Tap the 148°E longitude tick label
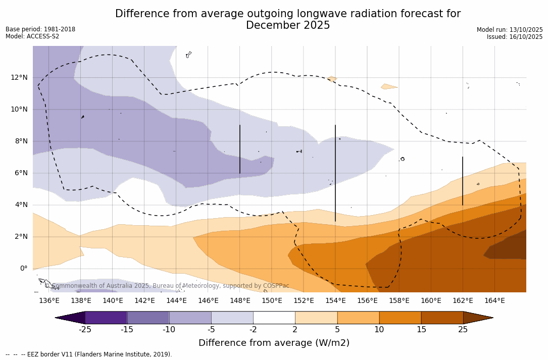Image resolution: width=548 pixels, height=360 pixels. click(240, 301)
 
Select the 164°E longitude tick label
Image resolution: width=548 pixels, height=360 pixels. click(494, 301)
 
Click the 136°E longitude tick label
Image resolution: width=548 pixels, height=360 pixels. click(49, 301)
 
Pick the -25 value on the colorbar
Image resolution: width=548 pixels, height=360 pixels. click(85, 330)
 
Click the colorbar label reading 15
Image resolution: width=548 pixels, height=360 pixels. click(421, 330)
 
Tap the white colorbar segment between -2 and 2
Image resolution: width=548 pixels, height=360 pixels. click(274, 318)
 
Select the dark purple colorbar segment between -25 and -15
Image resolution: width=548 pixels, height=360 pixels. click(106, 318)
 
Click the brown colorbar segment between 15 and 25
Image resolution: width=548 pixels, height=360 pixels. click(442, 318)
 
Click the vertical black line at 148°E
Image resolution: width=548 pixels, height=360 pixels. click(240, 149)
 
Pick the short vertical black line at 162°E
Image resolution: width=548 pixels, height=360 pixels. click(463, 181)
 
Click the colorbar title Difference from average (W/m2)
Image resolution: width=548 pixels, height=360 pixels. click(274, 343)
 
